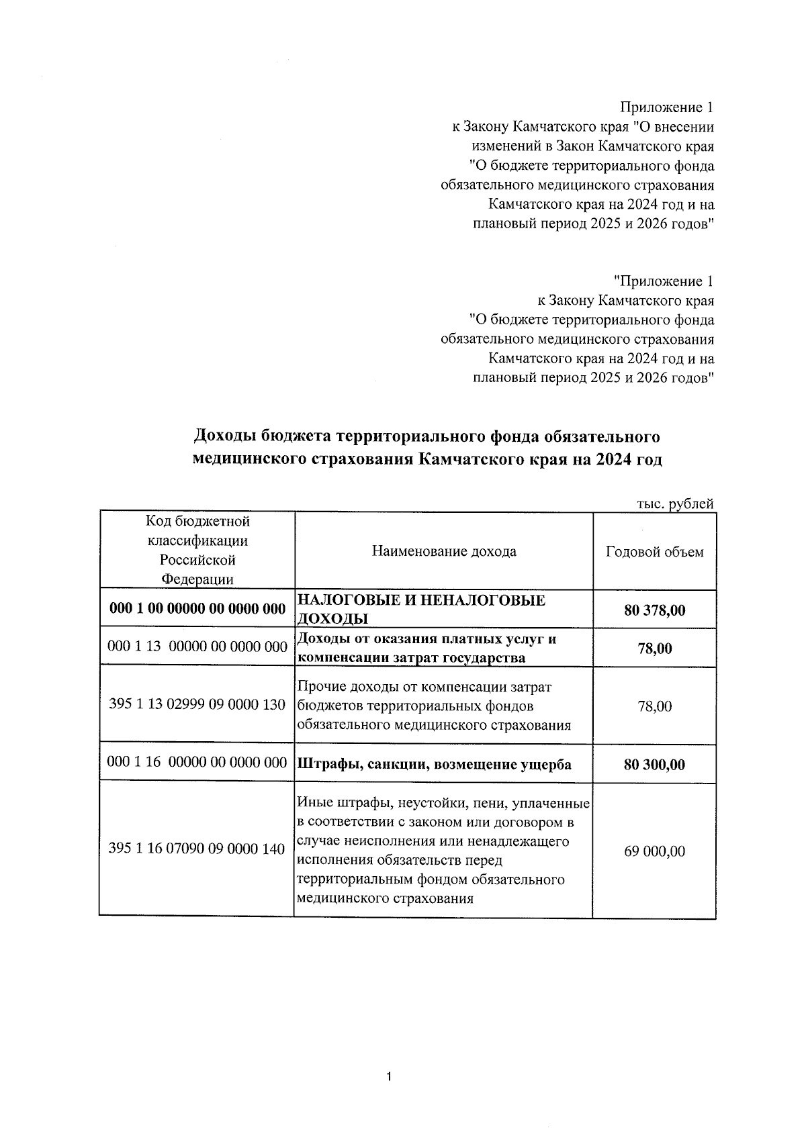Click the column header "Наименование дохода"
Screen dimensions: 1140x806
click(443, 551)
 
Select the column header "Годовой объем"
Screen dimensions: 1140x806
click(654, 551)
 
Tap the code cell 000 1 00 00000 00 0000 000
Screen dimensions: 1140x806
click(197, 609)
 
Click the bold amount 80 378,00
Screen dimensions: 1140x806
click(654, 610)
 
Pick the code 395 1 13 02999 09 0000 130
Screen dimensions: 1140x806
click(197, 706)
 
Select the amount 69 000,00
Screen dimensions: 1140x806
click(654, 851)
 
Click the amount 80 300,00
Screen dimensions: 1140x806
click(654, 765)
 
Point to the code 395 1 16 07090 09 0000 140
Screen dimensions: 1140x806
click(197, 849)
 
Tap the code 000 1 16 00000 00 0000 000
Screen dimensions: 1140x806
click(197, 763)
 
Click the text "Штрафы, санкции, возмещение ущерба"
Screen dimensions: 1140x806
click(434, 765)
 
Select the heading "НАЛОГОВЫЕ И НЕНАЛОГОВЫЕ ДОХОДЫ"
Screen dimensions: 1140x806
click(421, 609)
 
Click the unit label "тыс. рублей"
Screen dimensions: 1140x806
click(674, 504)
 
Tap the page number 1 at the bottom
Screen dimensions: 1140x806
click(389, 1078)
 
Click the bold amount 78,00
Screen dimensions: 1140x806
click(654, 649)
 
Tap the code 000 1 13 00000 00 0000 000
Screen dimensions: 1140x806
click(197, 647)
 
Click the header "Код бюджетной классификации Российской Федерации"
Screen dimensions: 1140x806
click(197, 550)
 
